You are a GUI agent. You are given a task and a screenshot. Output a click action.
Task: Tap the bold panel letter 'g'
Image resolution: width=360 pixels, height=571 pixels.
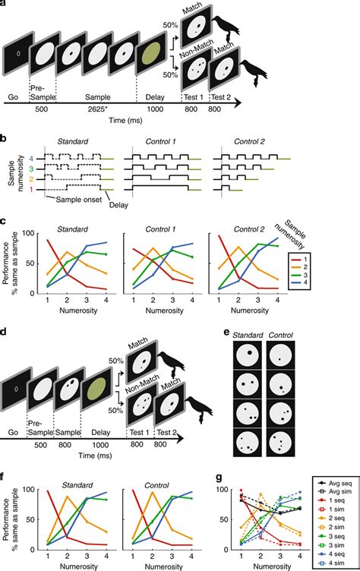(x=227, y=477)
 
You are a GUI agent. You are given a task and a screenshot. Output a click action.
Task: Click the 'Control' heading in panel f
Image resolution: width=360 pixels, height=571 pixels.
(x=166, y=480)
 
